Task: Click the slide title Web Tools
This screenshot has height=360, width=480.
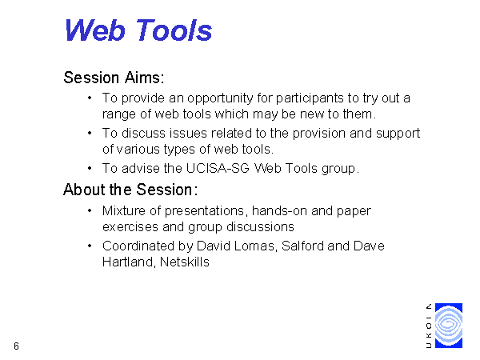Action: tap(138, 30)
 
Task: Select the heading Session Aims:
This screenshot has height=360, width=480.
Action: tap(114, 78)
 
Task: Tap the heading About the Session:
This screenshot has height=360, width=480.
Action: tap(130, 190)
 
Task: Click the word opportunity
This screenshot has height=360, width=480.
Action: tap(220, 98)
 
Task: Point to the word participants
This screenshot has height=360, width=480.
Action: tap(310, 98)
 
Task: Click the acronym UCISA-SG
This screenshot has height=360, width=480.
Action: tap(218, 168)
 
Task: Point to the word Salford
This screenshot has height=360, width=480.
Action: tap(302, 246)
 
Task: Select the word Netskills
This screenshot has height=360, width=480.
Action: tap(185, 262)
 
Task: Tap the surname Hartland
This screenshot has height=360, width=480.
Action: tap(129, 262)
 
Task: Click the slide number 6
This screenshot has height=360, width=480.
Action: tap(16, 346)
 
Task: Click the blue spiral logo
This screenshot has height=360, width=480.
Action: tap(449, 326)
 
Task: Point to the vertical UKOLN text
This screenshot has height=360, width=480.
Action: tap(429, 326)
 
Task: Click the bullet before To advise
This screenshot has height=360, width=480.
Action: tap(90, 168)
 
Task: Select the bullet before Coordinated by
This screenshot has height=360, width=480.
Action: tap(90, 246)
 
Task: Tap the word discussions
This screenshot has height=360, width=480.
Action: tap(260, 227)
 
